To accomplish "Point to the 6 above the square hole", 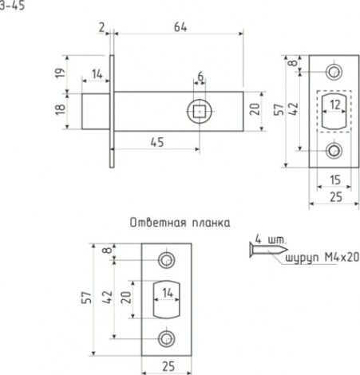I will tap(200, 76).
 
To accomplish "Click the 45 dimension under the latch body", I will tap(157, 142).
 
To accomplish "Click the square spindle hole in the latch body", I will tap(199, 111).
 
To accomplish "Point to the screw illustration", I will tap(260, 252).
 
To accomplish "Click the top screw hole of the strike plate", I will tap(166, 260).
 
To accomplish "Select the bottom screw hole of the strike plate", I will tap(166, 338).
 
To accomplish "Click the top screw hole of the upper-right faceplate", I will tap(334, 69).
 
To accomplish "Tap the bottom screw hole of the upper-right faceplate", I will tap(334, 148).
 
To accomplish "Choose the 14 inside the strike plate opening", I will tap(167, 293).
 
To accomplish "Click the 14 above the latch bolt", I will tap(97, 74).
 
